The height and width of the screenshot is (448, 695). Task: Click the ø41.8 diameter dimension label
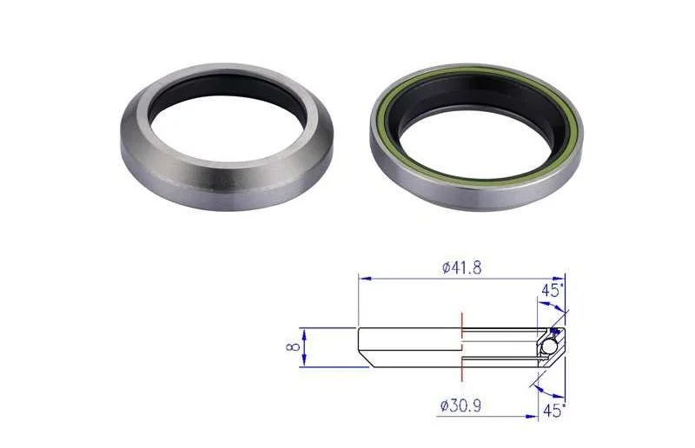click(462, 268)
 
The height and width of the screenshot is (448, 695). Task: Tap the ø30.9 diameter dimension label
click(460, 406)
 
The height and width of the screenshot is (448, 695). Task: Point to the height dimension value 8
click(294, 347)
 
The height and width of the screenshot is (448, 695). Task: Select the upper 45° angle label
click(553, 291)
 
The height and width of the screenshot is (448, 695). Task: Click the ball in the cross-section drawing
click(550, 346)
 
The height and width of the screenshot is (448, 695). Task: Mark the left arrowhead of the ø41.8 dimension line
click(365, 279)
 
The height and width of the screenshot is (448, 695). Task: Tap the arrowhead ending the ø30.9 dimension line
click(532, 417)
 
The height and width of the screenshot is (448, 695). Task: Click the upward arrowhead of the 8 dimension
click(304, 333)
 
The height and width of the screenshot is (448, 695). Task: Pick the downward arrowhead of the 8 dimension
click(304, 362)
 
